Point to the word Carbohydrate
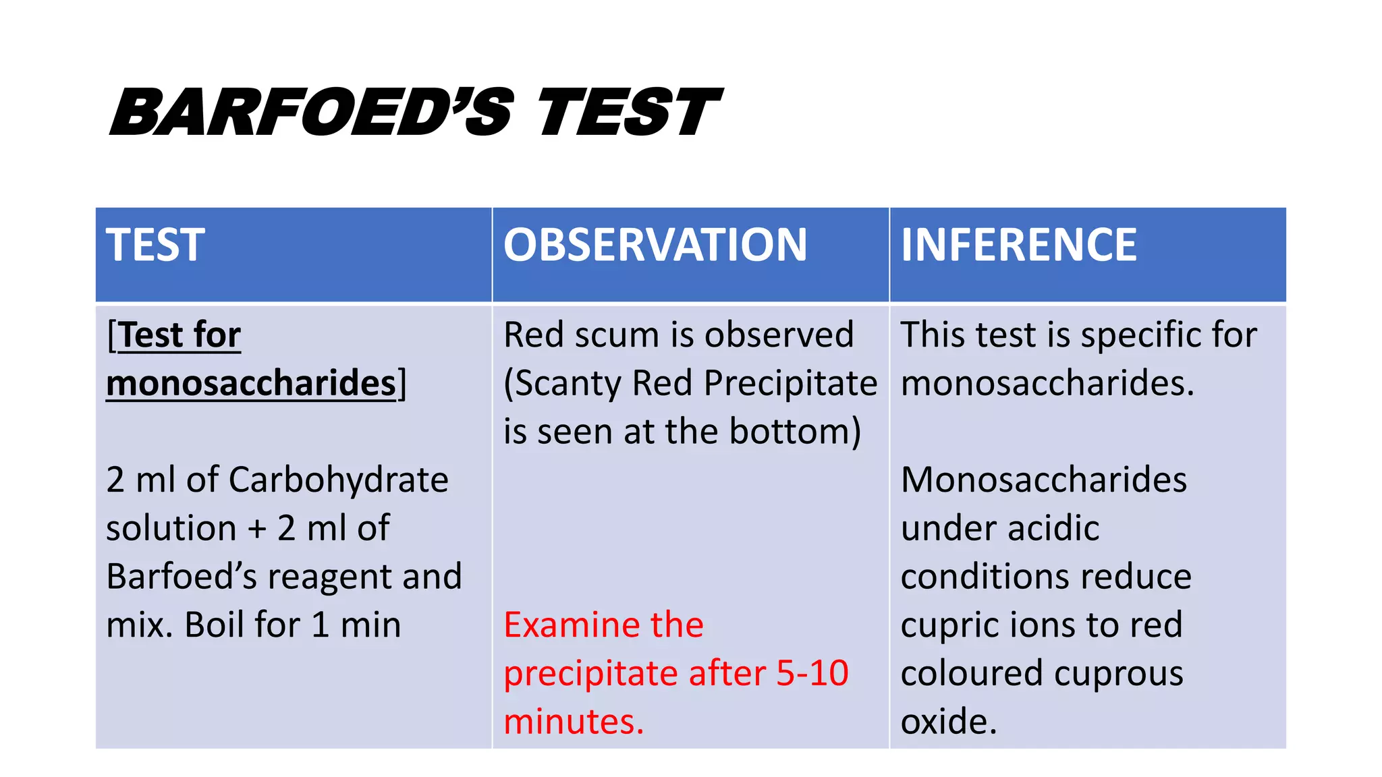coord(339,480)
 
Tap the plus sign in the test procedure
coord(256,529)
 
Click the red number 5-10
coord(812,673)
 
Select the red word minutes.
coord(574,722)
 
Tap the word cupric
coord(948,625)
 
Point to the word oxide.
coord(948,722)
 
